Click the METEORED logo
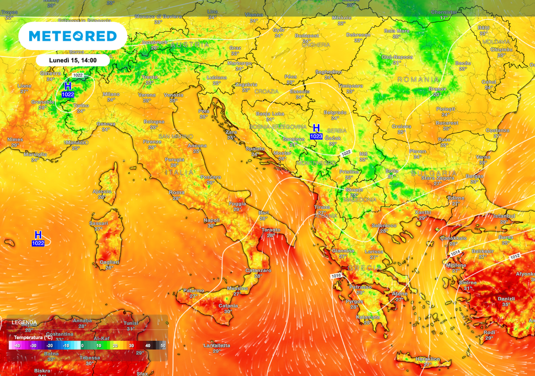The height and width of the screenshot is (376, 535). tap(73, 36)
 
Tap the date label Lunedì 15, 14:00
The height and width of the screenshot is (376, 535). tap(72, 60)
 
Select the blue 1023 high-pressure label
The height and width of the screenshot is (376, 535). tap(316, 136)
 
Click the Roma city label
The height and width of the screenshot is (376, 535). tap(177, 193)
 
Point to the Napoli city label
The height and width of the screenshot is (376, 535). tap(212, 220)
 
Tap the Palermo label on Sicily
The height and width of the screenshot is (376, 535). tap(193, 290)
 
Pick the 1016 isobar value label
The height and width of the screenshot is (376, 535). tap(335, 275)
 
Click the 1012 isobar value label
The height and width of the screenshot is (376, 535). tap(515, 256)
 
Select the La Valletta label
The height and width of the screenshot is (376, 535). tap(216, 345)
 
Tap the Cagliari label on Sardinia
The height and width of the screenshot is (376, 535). tap(109, 262)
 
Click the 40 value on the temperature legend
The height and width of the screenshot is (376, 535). tap(147, 345)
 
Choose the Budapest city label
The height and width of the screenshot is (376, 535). tap(307, 36)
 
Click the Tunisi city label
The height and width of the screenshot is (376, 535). tap(131, 323)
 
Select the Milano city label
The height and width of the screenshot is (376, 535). tap(111, 94)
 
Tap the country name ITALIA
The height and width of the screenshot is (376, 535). tap(179, 172)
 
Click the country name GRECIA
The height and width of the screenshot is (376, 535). tap(361, 267)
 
